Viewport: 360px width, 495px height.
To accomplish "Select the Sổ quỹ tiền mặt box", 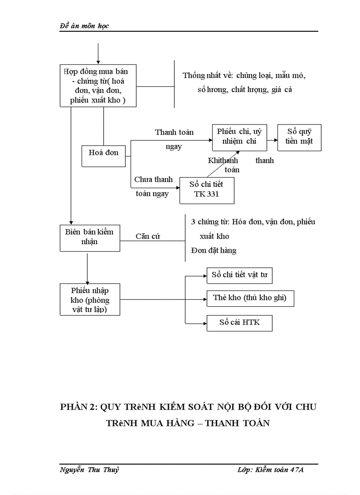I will (299, 138).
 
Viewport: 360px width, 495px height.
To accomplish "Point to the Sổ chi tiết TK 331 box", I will (206, 190).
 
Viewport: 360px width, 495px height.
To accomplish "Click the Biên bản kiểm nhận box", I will (90, 238).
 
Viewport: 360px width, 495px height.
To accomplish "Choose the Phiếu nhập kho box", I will (90, 300).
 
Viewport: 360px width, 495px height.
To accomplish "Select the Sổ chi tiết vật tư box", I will (240, 275).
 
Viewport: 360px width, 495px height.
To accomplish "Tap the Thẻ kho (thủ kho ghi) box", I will (250, 298).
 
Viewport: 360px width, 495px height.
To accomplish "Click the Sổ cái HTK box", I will (240, 322).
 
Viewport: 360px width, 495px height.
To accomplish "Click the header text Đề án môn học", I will (84, 26).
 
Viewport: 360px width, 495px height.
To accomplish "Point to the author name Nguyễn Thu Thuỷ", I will (89, 470).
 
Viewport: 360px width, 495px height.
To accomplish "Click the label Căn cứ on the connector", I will (148, 236).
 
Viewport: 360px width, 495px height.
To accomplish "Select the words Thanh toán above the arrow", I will (174, 132).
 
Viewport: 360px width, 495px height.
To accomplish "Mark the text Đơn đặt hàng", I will (214, 250).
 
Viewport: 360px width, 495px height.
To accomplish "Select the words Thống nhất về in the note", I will (205, 75).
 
